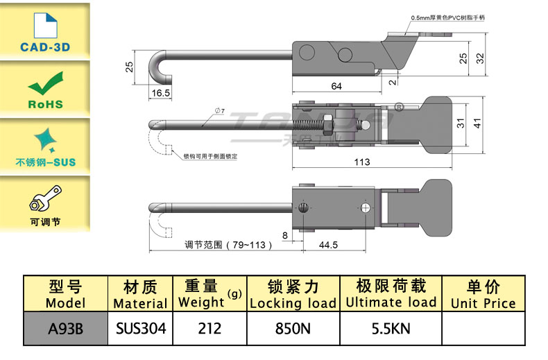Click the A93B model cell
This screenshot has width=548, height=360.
(x=65, y=328)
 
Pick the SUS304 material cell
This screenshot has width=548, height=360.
(x=140, y=328)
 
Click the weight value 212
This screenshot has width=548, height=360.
(x=209, y=328)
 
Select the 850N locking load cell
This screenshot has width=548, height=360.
(x=292, y=328)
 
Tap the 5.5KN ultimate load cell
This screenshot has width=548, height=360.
(x=391, y=328)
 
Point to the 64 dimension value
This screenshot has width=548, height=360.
(x=336, y=86)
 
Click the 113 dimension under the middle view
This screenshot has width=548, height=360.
(x=361, y=162)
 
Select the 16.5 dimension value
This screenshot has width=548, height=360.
(x=160, y=92)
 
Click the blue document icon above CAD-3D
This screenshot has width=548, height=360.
(x=44, y=24)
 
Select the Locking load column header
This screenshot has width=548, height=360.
(x=293, y=294)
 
